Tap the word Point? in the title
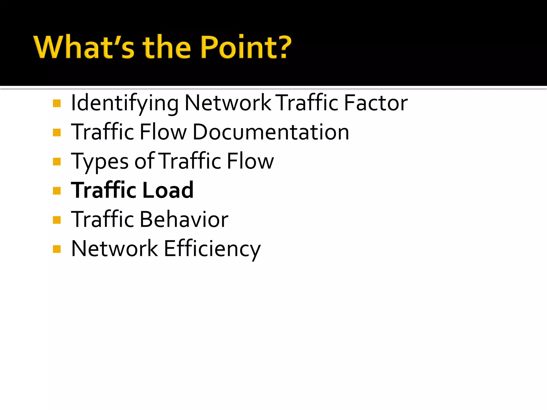[x=246, y=47]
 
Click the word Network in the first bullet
[x=228, y=103]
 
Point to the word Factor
[x=376, y=103]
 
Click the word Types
[x=100, y=162]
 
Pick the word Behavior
[x=184, y=219]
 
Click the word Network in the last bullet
[x=115, y=249]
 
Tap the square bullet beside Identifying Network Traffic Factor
[x=57, y=103]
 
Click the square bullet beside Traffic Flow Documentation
[x=57, y=132]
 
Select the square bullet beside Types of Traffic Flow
[x=57, y=162]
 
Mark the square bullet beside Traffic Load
[x=57, y=191]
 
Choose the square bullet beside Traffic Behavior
[x=57, y=220]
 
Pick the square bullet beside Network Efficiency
[x=57, y=249]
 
